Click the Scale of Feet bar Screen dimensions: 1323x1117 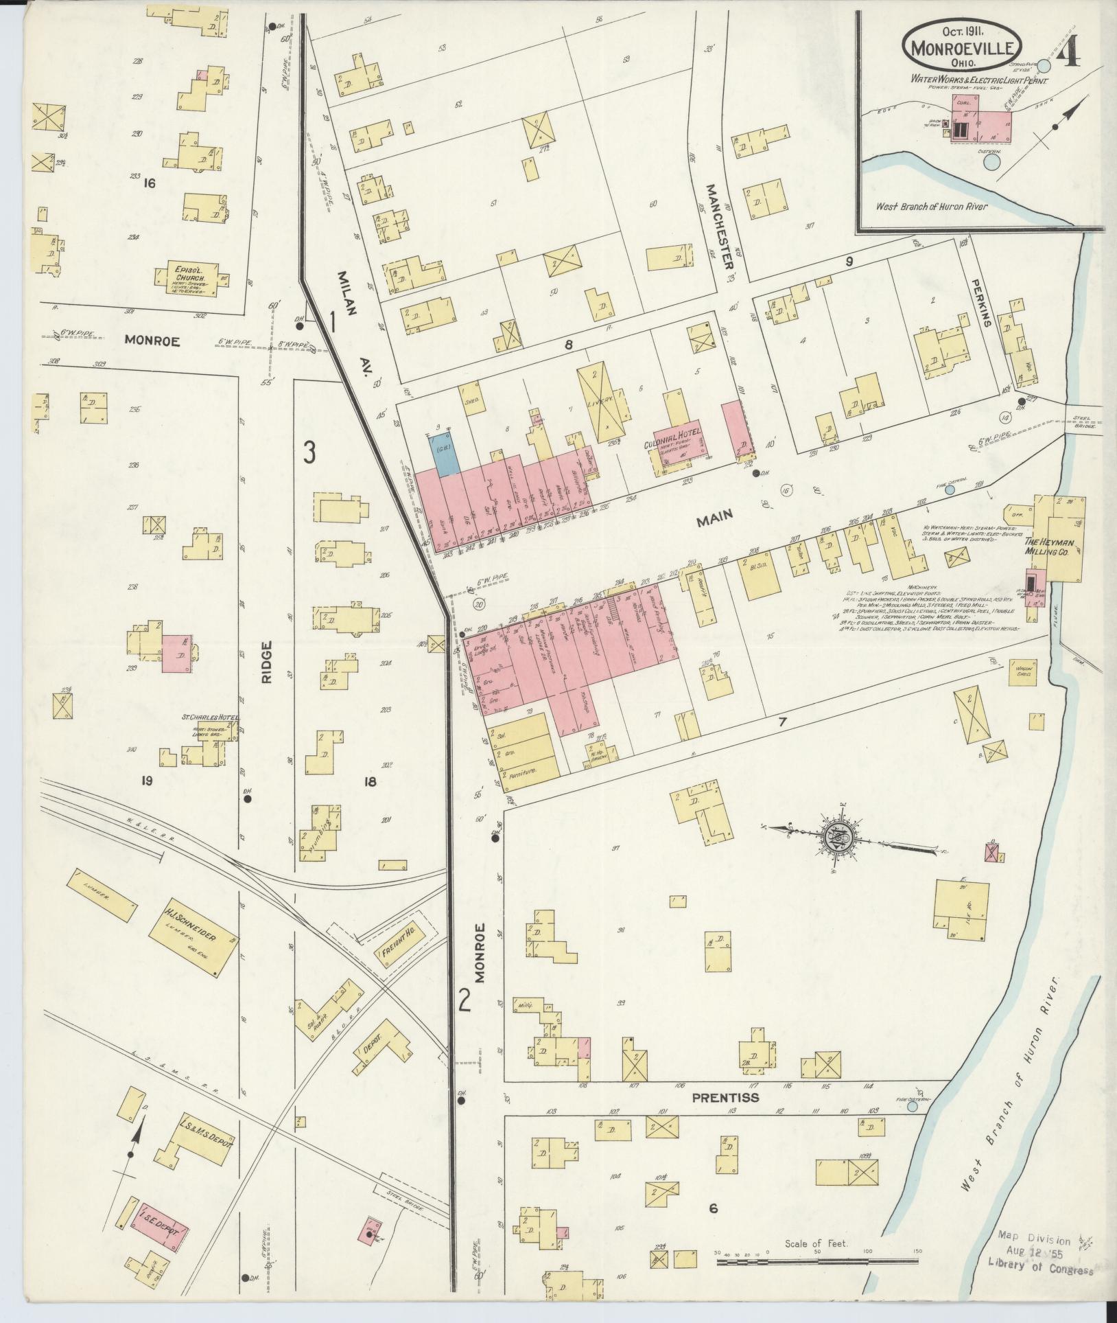[816, 1261]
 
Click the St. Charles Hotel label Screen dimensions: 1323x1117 [210, 717]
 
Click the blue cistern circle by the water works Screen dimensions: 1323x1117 [991, 161]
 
